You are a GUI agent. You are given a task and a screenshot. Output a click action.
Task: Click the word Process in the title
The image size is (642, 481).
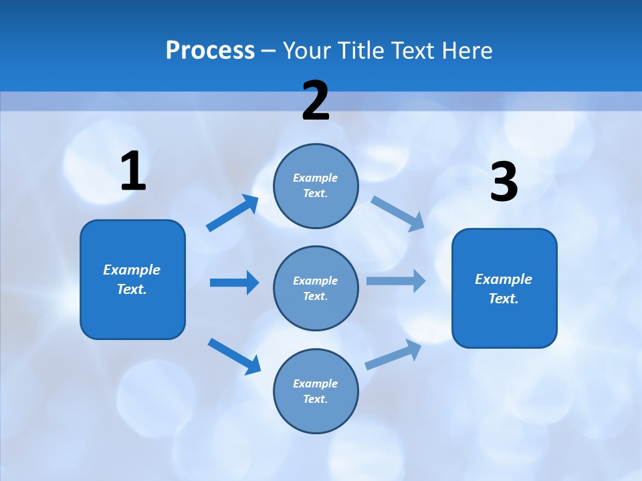(210, 51)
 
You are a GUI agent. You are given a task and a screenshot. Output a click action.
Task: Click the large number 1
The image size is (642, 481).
(133, 172)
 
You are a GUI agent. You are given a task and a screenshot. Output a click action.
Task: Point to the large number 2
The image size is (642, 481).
(316, 101)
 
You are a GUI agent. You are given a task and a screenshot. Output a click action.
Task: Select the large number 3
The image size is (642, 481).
(504, 182)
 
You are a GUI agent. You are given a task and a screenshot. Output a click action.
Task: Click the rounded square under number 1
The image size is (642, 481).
(132, 279)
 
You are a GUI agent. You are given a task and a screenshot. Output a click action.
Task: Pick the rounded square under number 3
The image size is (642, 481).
(504, 289)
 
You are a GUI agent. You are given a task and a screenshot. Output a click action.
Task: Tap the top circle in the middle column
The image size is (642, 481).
(316, 186)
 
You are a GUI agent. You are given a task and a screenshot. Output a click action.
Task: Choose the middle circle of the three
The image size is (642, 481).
(316, 288)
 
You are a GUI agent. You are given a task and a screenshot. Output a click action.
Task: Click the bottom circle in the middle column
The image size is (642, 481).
(316, 391)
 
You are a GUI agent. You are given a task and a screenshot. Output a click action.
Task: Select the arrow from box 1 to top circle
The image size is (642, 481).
(233, 213)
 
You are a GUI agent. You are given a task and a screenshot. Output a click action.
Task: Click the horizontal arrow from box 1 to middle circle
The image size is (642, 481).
(234, 283)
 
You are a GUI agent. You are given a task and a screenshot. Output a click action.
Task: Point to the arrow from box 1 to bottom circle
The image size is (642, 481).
(234, 356)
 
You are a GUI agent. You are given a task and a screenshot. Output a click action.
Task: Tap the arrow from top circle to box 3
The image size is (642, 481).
(398, 213)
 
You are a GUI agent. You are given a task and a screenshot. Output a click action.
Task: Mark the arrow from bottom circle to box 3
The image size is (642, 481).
(393, 355)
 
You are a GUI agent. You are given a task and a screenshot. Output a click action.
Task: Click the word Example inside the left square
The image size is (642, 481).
(132, 270)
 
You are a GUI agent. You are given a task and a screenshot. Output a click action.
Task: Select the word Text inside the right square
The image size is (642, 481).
(503, 299)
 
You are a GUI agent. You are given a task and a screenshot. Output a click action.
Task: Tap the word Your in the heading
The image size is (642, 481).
(305, 51)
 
